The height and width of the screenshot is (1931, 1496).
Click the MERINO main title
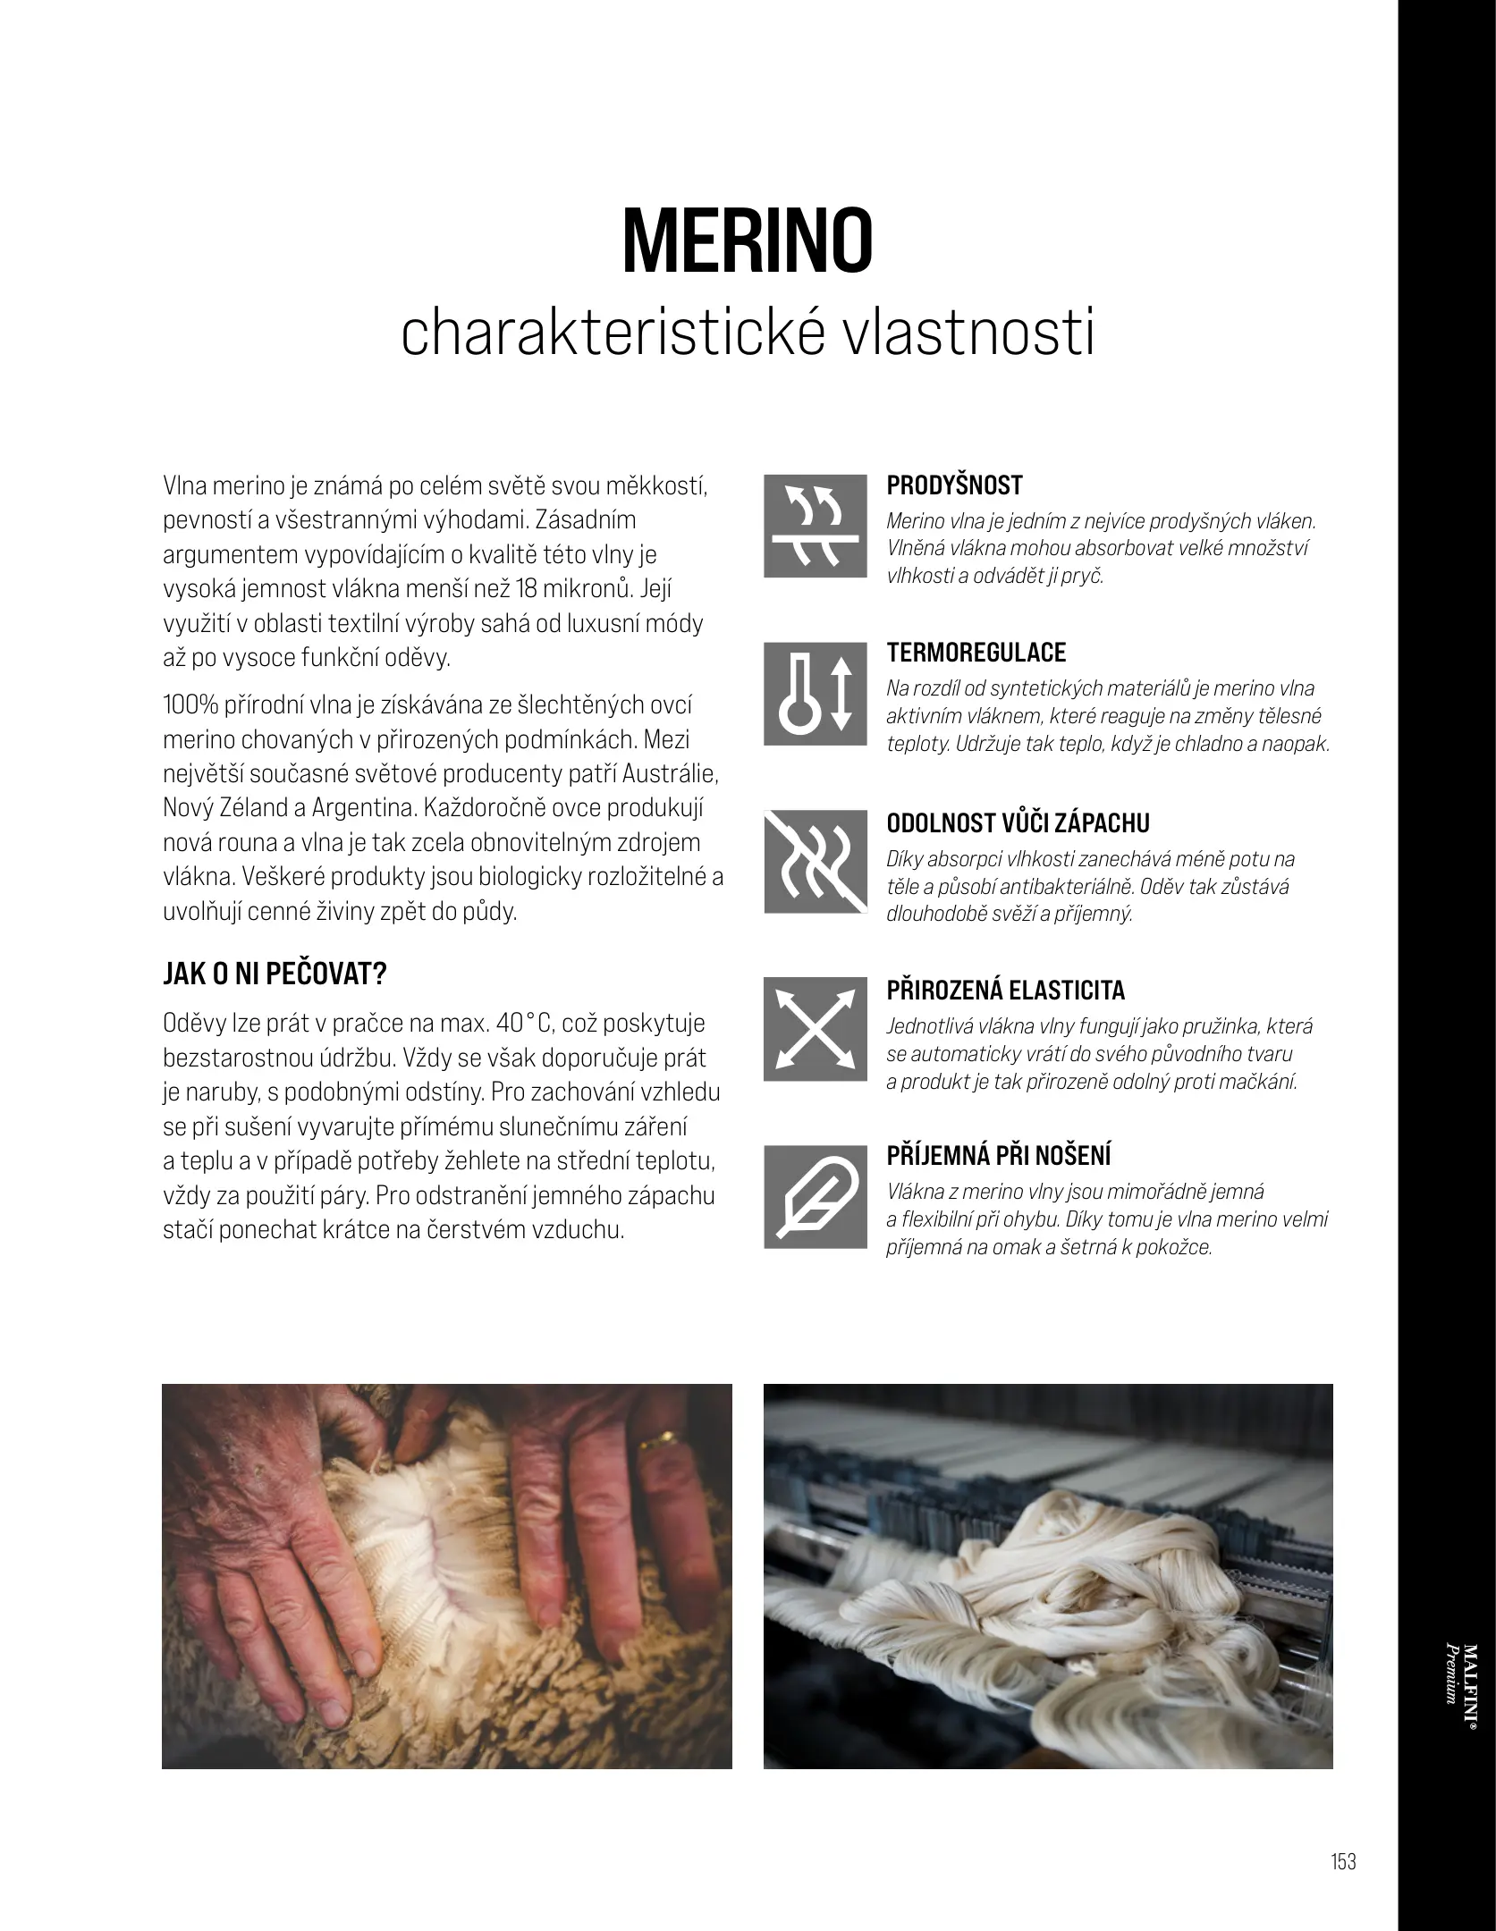pos(747,242)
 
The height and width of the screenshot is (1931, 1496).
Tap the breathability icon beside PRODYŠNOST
pos(815,526)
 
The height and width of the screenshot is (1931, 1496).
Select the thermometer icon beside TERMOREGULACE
pos(815,694)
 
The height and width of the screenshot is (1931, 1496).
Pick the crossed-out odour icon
pos(815,862)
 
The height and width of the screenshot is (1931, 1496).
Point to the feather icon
pos(815,1198)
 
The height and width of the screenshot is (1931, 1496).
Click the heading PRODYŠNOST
pos(953,485)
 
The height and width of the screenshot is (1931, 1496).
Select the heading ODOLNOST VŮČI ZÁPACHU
pos(1018,822)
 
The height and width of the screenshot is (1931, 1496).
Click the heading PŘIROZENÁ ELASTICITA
pos(1005,990)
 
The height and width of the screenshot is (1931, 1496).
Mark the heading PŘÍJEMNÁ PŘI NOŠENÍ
pos(998,1155)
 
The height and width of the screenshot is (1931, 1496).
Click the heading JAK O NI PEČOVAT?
pos(274,974)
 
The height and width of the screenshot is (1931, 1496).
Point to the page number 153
pos(1343,1861)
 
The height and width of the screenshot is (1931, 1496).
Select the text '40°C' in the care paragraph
pos(525,1023)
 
